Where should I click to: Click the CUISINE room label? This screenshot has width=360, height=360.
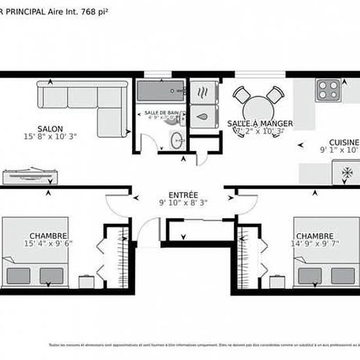(343, 142)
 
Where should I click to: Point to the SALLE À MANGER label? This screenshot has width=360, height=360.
(260, 123)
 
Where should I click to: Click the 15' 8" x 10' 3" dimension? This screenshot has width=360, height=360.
(49, 137)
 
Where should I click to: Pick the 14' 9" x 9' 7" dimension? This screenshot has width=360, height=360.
(315, 243)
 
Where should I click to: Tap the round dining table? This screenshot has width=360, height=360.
(259, 105)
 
